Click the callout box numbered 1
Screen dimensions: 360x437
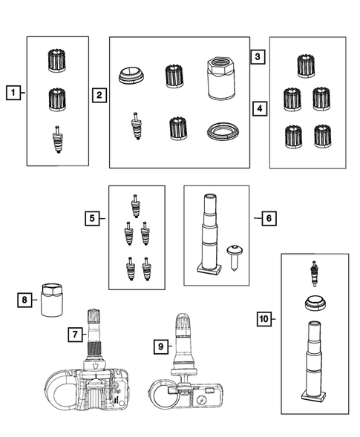click(x=13, y=93)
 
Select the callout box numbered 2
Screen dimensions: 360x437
click(x=99, y=95)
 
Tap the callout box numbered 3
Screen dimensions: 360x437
click(x=258, y=56)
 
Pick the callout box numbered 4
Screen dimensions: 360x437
click(x=260, y=108)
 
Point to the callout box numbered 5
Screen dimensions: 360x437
click(x=92, y=218)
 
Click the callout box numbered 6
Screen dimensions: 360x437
click(x=269, y=218)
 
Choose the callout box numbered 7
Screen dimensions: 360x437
click(x=75, y=335)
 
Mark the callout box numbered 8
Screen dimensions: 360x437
click(x=24, y=300)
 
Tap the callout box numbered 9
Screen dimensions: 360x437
click(x=161, y=346)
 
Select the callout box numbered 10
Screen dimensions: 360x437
click(x=264, y=318)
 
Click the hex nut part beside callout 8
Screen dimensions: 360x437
click(x=52, y=300)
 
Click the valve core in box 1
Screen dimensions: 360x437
click(x=58, y=139)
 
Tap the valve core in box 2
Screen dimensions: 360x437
click(x=137, y=125)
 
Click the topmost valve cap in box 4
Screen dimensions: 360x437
click(x=306, y=66)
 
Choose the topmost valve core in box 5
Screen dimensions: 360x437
click(x=136, y=206)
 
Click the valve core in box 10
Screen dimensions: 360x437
click(x=315, y=274)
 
